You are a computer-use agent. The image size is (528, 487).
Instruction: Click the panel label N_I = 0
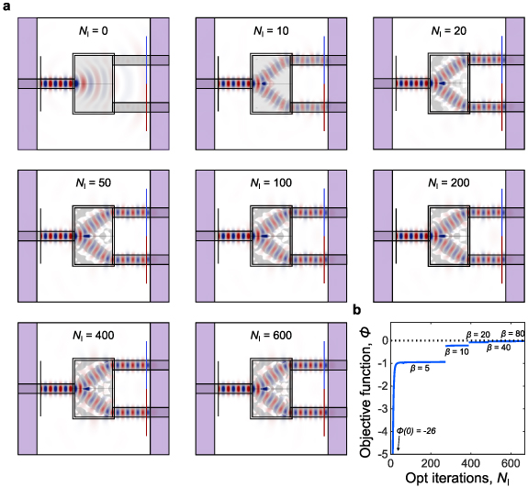click(x=94, y=30)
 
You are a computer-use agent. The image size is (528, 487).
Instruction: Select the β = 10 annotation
click(x=457, y=351)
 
